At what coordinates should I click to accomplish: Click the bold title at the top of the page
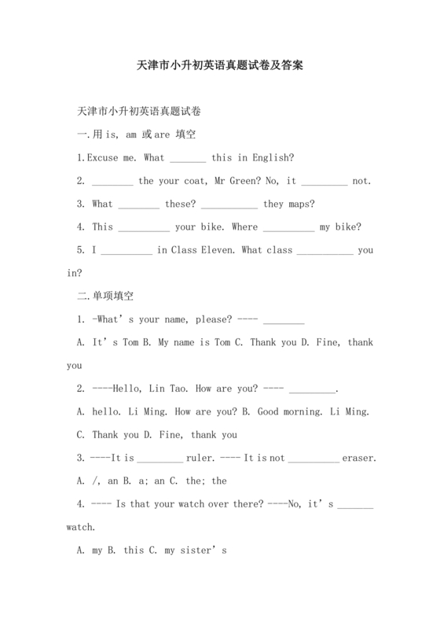pyautogui.click(x=220, y=67)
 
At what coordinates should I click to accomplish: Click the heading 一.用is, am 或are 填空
pyautogui.click(x=136, y=135)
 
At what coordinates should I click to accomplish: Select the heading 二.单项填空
pyautogui.click(x=105, y=297)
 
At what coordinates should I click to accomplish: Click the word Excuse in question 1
pyautogui.click(x=102, y=157)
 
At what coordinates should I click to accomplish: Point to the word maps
pyautogui.click(x=299, y=204)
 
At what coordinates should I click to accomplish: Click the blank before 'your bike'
pyautogui.click(x=143, y=227)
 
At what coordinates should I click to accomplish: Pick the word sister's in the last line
pyautogui.click(x=205, y=551)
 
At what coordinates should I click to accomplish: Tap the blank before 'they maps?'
pyautogui.click(x=229, y=204)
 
